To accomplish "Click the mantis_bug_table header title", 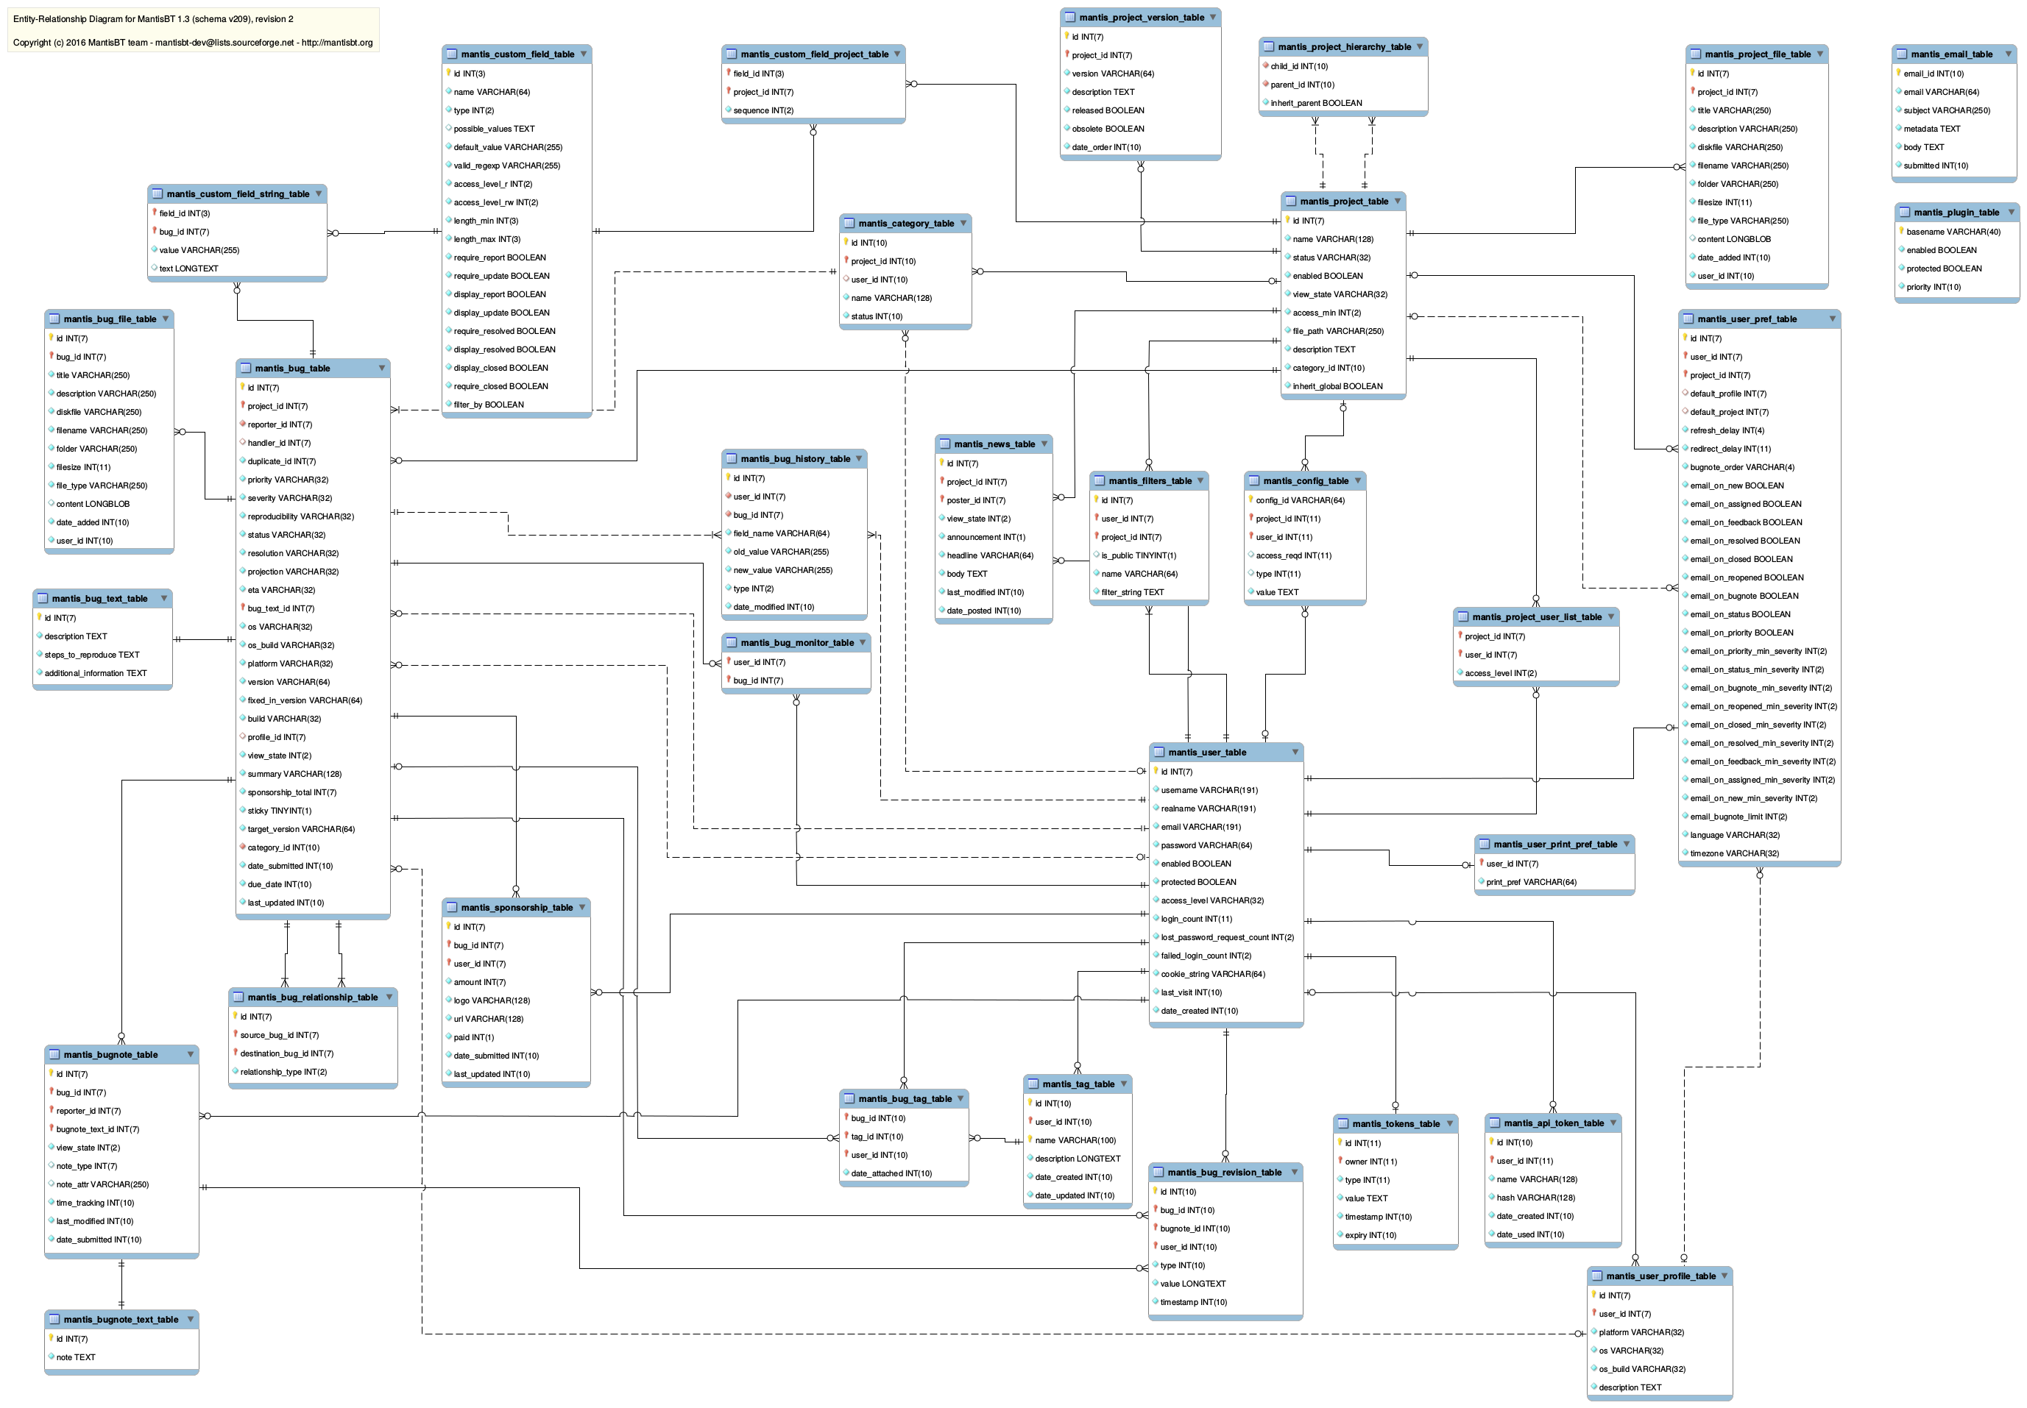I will click(292, 368).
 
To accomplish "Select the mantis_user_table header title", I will click(1206, 753).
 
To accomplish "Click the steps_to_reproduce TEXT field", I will click(92, 655).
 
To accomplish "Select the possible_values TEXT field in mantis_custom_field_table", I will click(493, 129).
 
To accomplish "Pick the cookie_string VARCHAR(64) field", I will click(1211, 974).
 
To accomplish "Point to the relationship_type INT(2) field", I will click(283, 1072).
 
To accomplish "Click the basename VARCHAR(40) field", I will click(1953, 232).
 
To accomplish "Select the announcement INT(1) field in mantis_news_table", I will click(985, 537).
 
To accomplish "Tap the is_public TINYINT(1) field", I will click(1137, 556).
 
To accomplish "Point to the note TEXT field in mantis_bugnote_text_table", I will click(76, 1357).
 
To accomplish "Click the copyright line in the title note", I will click(192, 43).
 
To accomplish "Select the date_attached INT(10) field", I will click(891, 1173).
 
